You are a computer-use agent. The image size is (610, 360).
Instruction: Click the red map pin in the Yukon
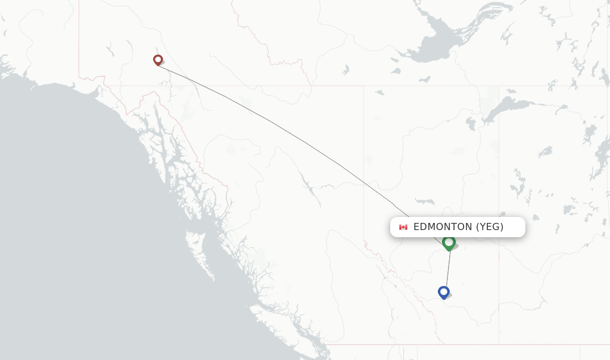tap(158, 60)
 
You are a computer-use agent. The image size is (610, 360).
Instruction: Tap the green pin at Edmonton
tap(449, 243)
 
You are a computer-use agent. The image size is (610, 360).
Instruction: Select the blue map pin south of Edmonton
tap(443, 292)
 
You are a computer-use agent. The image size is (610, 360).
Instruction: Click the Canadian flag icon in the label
tap(403, 227)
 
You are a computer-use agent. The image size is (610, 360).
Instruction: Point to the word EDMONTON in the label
tap(442, 226)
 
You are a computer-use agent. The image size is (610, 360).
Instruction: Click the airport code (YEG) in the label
tap(490, 226)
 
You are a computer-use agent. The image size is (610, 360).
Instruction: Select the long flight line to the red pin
tap(286, 129)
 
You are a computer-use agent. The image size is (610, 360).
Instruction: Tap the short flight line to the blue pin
tap(447, 271)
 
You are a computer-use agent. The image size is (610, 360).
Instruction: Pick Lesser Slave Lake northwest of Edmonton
tap(424, 201)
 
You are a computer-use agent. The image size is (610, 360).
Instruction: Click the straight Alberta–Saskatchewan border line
tap(499, 179)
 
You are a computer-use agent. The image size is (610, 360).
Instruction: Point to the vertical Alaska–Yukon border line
tap(79, 36)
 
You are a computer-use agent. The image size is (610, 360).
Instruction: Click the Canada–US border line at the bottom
tap(477, 344)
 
